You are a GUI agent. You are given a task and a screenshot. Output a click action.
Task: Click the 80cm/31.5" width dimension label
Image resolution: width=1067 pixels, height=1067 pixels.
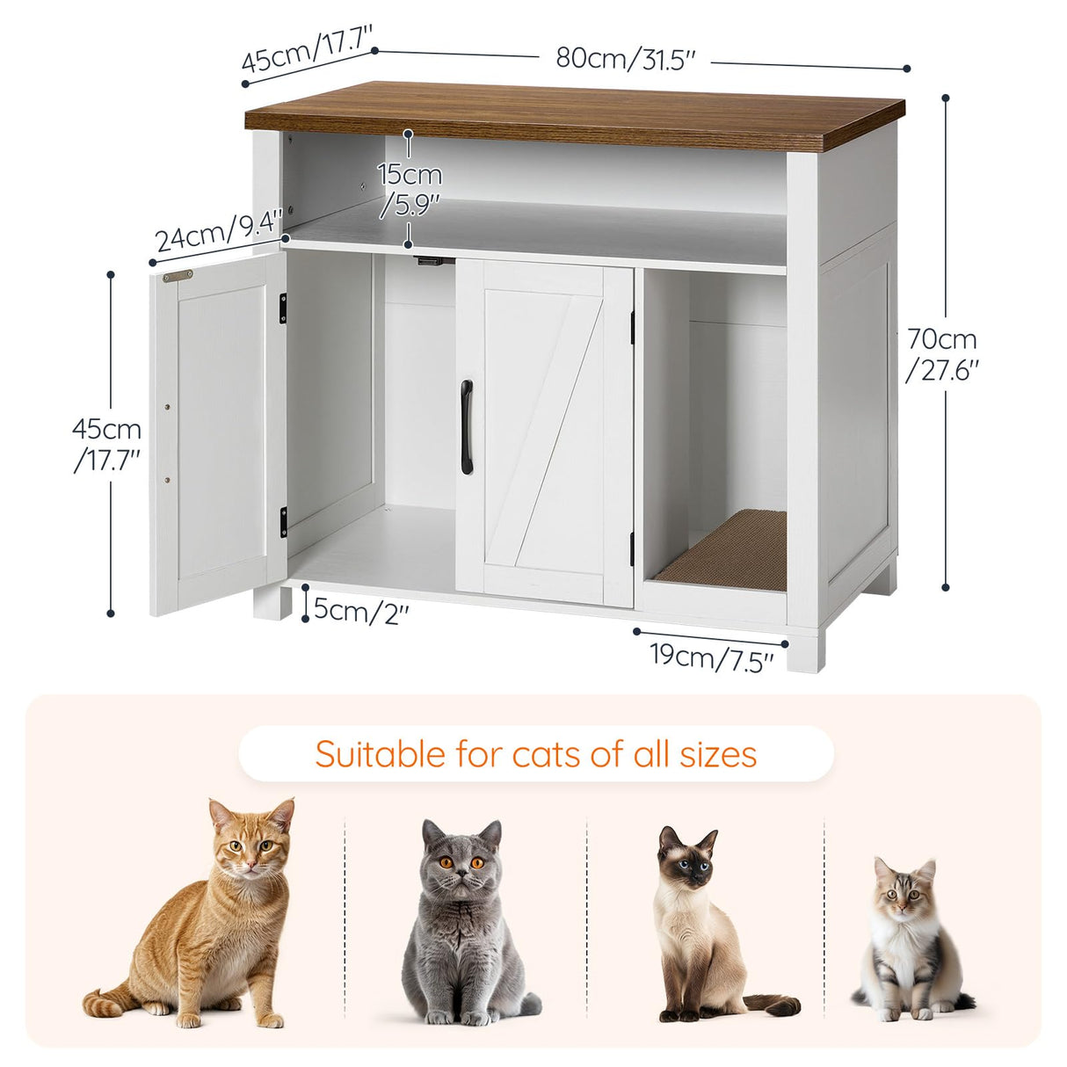point(626,58)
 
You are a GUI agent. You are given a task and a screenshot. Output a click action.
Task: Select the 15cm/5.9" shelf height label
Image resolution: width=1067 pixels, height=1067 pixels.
point(410,188)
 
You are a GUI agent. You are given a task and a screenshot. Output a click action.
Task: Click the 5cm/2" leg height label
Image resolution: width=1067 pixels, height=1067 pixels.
point(360,609)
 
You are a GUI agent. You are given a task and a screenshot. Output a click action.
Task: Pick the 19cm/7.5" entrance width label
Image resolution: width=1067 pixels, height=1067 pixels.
point(712,656)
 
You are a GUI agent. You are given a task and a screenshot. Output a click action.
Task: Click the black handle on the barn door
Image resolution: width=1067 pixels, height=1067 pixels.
point(467,427)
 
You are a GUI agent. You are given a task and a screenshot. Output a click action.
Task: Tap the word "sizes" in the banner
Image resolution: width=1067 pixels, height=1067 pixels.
point(717,754)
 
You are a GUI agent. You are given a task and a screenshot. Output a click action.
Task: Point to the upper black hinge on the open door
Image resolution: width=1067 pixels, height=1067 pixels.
point(283,307)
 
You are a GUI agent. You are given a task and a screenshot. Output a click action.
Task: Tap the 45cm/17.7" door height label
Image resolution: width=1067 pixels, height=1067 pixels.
point(107,444)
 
